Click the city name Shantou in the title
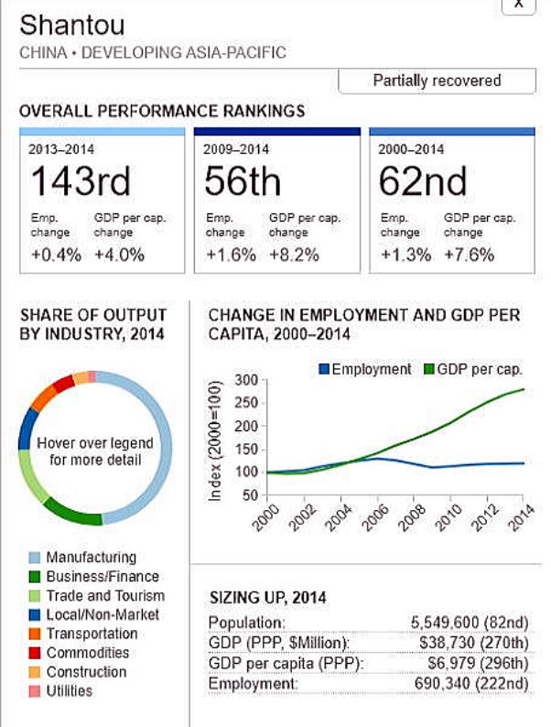[x=72, y=25]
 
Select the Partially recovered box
[x=437, y=81]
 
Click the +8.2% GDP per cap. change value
[x=294, y=255]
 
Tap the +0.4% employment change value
[x=55, y=255]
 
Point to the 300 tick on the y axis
[x=245, y=380]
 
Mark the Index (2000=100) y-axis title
[x=216, y=441]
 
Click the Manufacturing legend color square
[x=36, y=558]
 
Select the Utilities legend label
[x=69, y=691]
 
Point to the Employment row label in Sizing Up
[x=253, y=684]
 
